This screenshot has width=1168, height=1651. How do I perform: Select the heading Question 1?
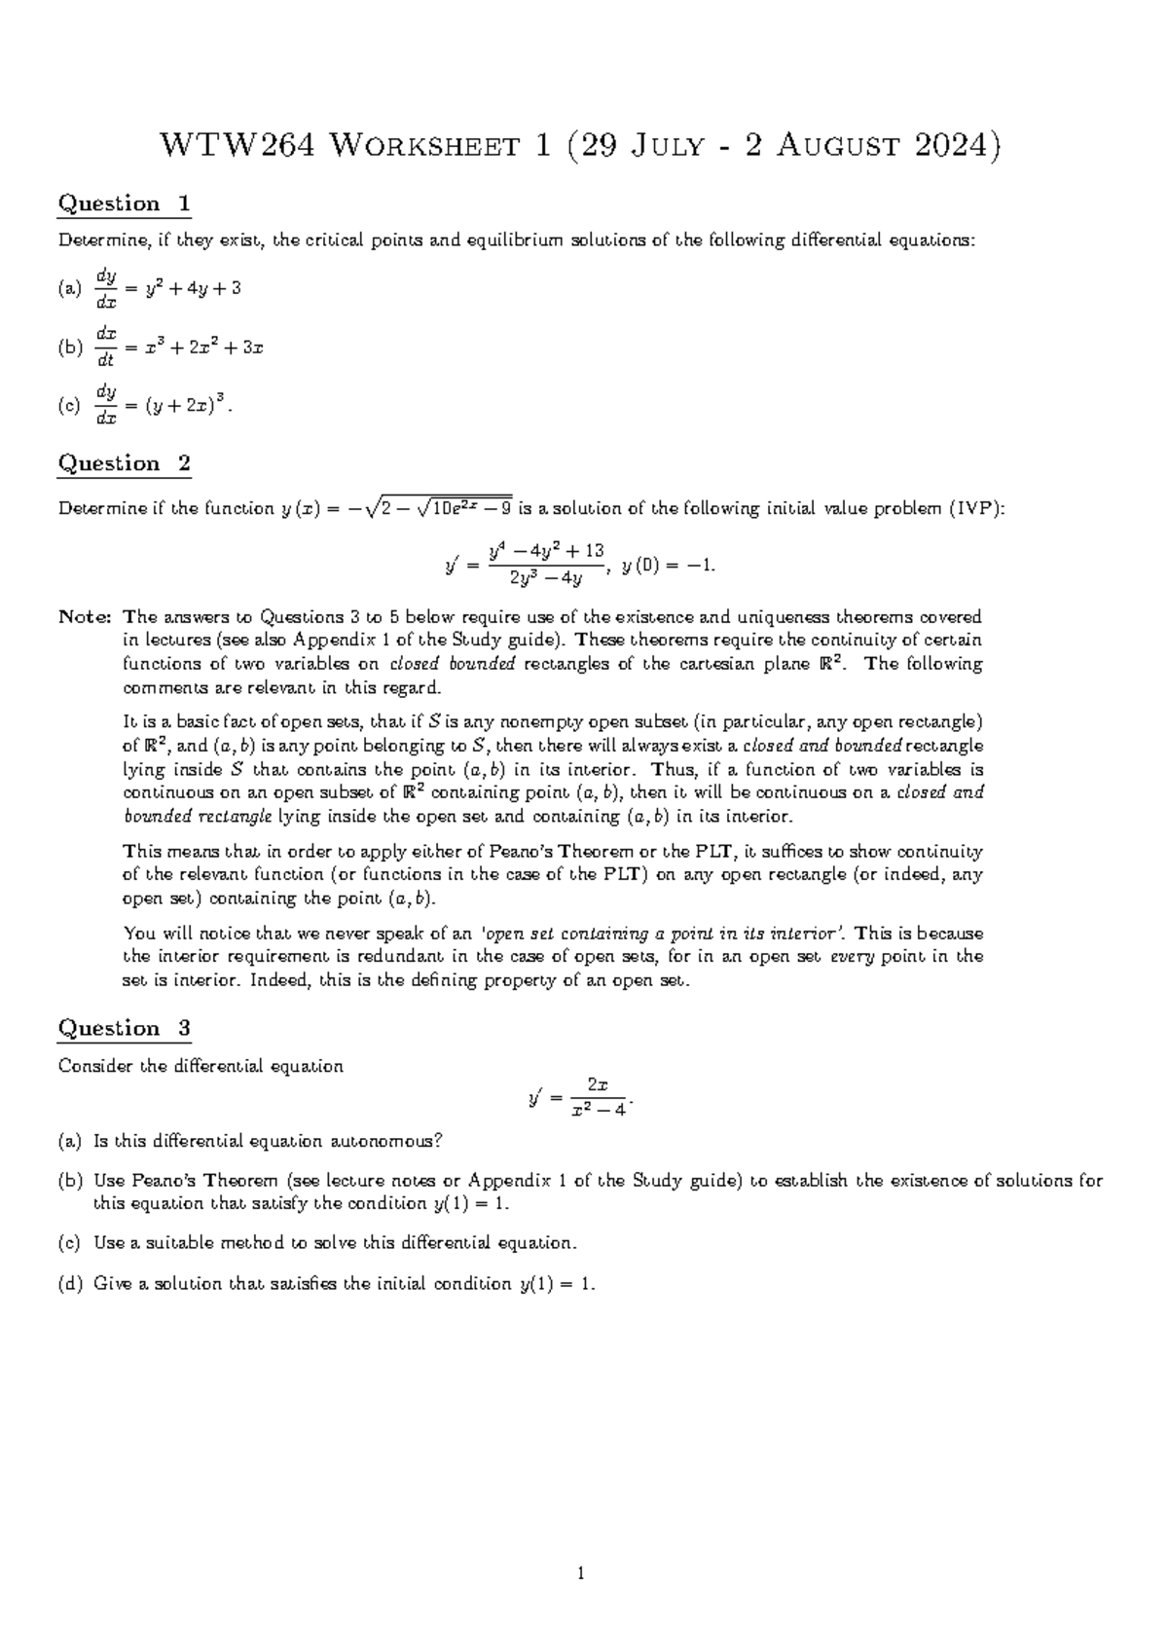click(x=124, y=204)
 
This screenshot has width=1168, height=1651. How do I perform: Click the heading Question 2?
click(x=124, y=464)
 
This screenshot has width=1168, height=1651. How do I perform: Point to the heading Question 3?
click(x=124, y=1029)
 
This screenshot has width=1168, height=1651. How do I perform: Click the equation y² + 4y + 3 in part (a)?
click(x=192, y=288)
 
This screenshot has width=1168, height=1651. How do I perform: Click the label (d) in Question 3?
click(x=70, y=1284)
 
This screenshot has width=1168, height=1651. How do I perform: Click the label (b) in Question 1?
click(x=70, y=348)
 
